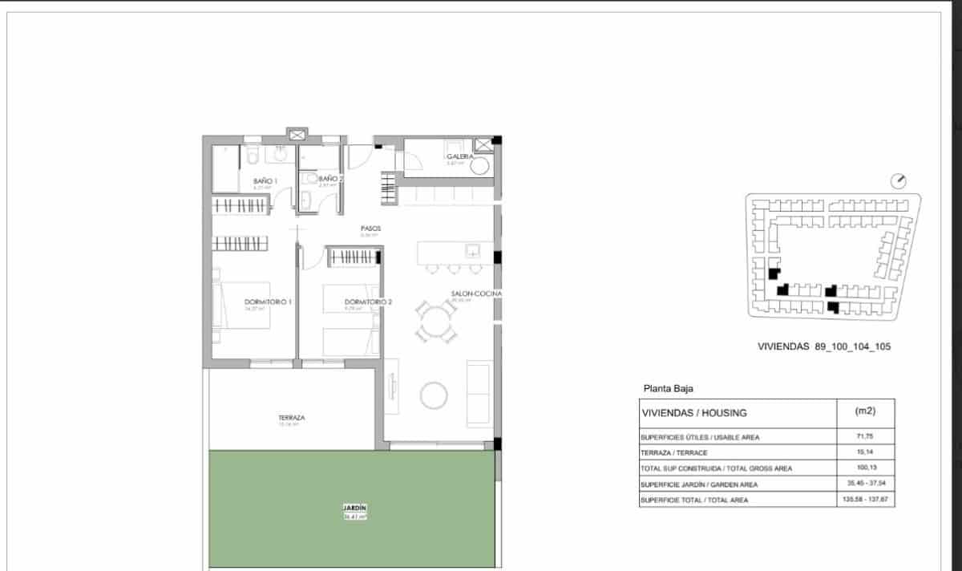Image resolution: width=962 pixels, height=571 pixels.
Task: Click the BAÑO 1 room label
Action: pyautogui.click(x=265, y=181)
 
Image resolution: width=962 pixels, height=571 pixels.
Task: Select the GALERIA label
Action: pyautogui.click(x=460, y=156)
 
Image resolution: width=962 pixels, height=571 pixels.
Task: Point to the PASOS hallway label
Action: pyautogui.click(x=370, y=229)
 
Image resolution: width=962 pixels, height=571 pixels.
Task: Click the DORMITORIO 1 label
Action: pyautogui.click(x=268, y=302)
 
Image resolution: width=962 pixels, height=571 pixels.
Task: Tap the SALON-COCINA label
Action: pyautogui.click(x=476, y=295)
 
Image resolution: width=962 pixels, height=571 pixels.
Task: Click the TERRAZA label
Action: pyautogui.click(x=291, y=418)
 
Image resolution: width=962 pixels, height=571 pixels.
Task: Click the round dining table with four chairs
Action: pyautogui.click(x=435, y=321)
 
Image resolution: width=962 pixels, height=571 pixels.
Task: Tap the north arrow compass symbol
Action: pyautogui.click(x=899, y=180)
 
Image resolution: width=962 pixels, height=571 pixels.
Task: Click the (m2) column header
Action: pyautogui.click(x=866, y=411)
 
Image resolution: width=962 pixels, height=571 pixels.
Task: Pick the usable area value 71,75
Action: pyautogui.click(x=866, y=437)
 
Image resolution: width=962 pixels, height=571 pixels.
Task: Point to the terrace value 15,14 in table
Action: pyautogui.click(x=866, y=453)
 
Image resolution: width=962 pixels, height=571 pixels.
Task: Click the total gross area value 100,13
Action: pyautogui.click(x=866, y=468)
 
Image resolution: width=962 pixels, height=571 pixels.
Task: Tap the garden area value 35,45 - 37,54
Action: pyautogui.click(x=866, y=484)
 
